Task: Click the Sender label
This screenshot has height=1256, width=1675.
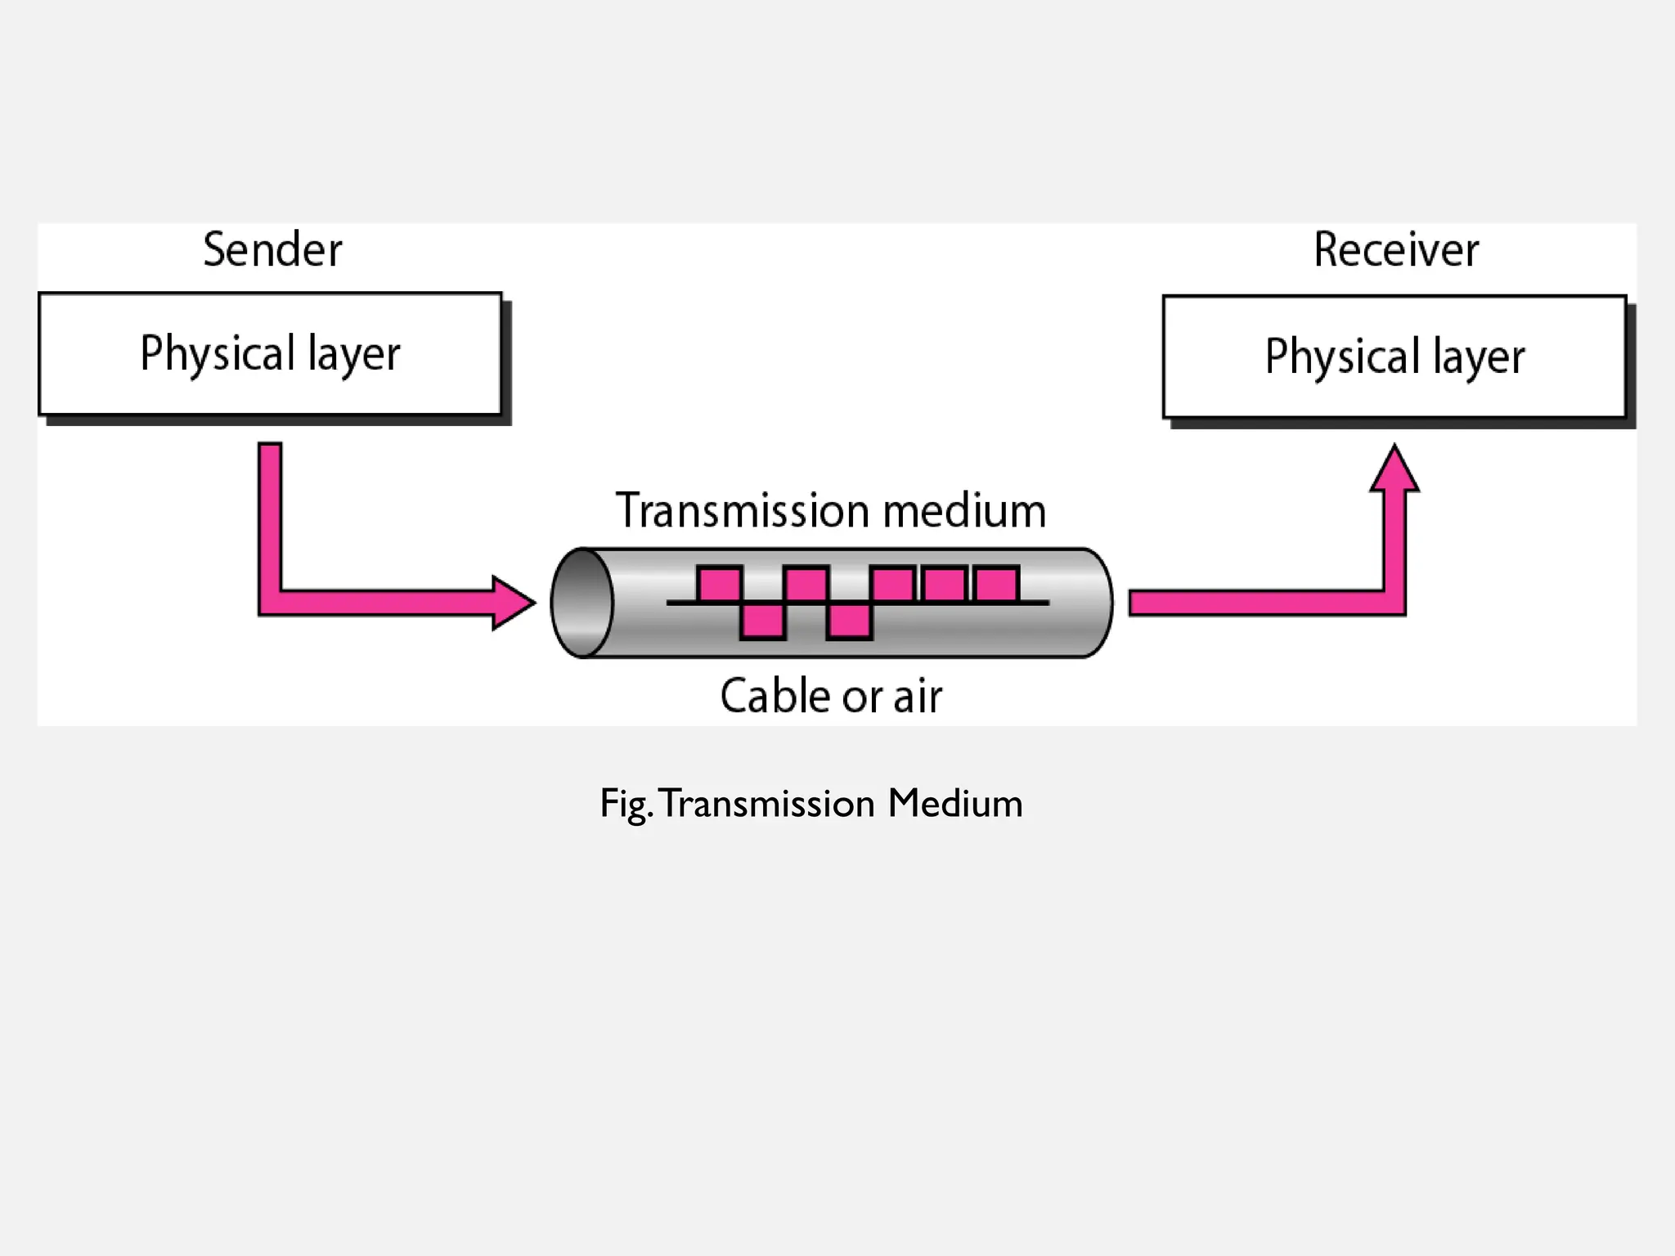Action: point(272,249)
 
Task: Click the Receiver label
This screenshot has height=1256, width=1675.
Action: point(1396,249)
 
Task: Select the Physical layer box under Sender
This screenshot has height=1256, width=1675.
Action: point(270,353)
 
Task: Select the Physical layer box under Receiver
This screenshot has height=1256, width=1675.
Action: point(1394,357)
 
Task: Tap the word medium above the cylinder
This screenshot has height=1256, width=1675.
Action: point(965,511)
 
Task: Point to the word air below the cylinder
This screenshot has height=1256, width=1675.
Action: point(918,698)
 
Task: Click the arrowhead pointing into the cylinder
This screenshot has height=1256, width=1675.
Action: point(513,603)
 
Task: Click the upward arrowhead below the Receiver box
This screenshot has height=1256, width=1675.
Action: point(1394,470)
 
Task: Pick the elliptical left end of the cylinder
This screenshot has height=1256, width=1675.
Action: point(582,603)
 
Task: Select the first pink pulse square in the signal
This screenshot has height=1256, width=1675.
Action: point(720,585)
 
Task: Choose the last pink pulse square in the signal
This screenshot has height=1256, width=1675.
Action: point(997,585)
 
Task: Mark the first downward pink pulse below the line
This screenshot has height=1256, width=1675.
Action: point(763,621)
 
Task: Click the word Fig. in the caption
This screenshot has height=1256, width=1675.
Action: point(626,804)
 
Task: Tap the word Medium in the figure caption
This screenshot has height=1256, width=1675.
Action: point(955,803)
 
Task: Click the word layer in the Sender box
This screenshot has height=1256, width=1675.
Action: point(354,355)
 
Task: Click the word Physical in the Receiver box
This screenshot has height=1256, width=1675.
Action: point(1341,357)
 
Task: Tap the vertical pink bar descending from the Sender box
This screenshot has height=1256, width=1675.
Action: point(270,515)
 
